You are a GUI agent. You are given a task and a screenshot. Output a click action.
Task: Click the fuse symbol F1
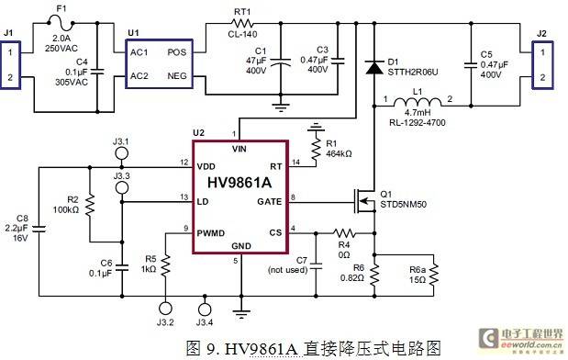click(x=61, y=24)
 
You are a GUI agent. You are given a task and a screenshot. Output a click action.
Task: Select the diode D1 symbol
click(x=374, y=67)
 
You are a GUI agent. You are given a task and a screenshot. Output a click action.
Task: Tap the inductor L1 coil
click(x=418, y=102)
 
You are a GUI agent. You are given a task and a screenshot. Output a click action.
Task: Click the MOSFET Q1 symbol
click(x=365, y=201)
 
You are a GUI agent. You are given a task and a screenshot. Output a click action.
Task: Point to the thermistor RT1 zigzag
click(x=242, y=24)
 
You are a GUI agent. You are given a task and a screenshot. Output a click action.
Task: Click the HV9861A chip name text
click(x=239, y=183)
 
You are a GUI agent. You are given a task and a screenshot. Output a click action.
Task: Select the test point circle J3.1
click(x=121, y=153)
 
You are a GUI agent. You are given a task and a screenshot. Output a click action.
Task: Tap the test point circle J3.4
click(x=205, y=309)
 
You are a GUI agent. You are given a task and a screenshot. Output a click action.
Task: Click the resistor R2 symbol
click(x=90, y=205)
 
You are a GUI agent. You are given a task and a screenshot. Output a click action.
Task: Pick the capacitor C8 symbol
click(x=39, y=229)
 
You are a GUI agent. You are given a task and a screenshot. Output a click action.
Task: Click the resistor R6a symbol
click(x=434, y=276)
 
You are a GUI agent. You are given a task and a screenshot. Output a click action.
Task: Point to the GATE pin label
click(x=269, y=201)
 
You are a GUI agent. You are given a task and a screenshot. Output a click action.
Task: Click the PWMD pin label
click(x=211, y=232)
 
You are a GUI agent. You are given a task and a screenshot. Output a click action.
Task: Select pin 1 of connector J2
click(x=542, y=52)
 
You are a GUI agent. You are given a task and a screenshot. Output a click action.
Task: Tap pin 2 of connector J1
click(x=10, y=77)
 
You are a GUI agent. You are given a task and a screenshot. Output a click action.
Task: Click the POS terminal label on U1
click(x=176, y=52)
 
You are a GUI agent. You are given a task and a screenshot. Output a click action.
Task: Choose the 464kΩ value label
click(x=339, y=153)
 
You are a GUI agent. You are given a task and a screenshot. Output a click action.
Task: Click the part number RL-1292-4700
click(x=418, y=122)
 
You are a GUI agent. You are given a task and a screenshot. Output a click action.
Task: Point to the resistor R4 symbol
click(x=344, y=232)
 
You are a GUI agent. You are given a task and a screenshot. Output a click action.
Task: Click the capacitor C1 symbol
click(x=281, y=62)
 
